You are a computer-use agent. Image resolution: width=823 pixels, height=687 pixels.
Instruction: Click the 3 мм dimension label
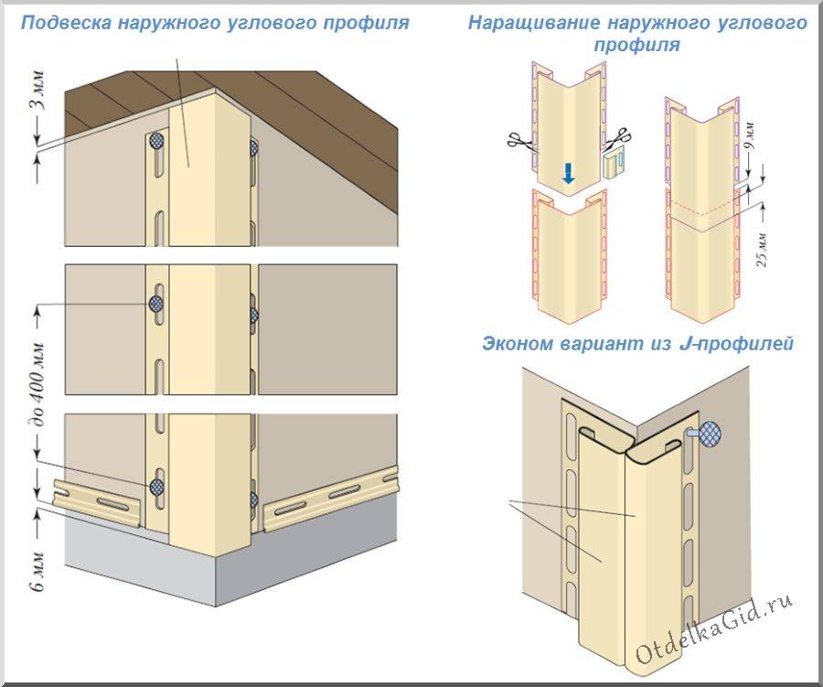37,90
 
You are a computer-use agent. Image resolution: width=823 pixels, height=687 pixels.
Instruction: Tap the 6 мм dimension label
37,571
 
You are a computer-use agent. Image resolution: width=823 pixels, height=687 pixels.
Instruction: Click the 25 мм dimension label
762,249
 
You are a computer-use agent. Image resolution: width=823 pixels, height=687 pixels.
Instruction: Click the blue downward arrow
568,173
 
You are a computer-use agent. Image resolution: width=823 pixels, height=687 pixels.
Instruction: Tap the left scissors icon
519,139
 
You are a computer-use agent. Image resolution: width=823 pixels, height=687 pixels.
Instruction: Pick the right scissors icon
618,139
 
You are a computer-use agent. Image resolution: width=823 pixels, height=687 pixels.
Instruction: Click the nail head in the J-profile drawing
710,434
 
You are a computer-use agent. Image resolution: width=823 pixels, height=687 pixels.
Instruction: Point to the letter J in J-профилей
684,344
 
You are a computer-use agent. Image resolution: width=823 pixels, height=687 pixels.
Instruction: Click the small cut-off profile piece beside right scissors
615,163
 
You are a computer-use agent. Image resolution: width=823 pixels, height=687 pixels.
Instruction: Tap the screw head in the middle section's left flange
155,303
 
